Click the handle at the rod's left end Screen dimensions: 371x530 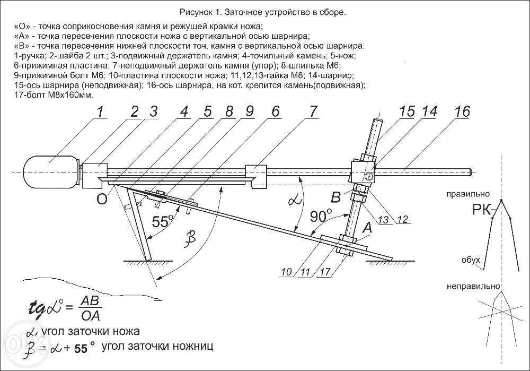tap(50, 171)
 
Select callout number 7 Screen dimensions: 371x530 tap(313, 113)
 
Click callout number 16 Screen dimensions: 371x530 tap(462, 113)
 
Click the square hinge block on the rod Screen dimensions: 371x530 tap(364, 172)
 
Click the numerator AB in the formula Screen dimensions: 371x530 tap(88, 300)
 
